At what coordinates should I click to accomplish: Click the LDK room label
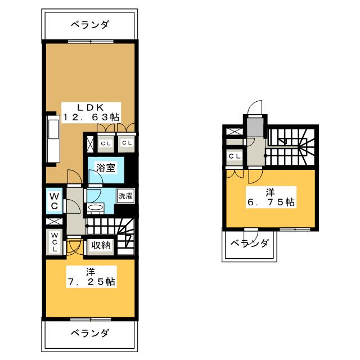(90, 107)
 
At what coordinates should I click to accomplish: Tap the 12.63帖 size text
(91, 117)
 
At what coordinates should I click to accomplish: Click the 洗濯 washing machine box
(124, 196)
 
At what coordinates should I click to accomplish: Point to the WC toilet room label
(54, 201)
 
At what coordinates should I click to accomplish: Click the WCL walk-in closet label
(54, 242)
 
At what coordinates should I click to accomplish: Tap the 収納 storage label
(101, 245)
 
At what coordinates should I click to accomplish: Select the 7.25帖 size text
(91, 282)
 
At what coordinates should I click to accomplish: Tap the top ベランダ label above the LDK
(90, 25)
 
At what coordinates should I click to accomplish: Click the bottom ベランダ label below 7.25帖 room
(90, 332)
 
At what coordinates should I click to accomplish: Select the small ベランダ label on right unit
(250, 244)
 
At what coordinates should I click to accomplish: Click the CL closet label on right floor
(234, 156)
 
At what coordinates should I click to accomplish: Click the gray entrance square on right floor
(255, 128)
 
